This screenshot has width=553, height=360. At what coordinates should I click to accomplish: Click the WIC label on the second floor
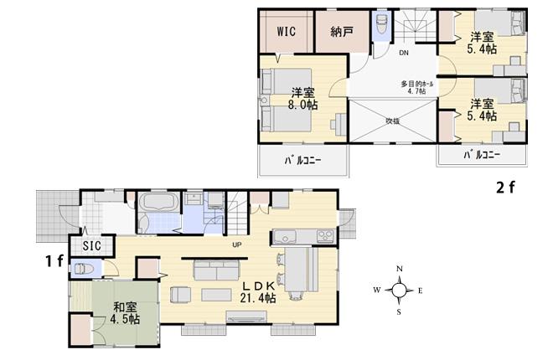click(287, 33)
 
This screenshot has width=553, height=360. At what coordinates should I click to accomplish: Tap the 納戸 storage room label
click(341, 33)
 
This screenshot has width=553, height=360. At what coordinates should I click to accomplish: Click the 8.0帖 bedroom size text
click(303, 105)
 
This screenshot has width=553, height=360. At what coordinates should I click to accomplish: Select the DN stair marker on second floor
click(402, 54)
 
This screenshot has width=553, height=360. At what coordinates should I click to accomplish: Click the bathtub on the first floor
click(156, 203)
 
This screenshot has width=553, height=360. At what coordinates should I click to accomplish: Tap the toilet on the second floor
click(380, 23)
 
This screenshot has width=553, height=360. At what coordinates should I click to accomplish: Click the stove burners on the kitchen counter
click(325, 233)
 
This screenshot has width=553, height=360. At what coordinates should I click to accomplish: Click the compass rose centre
click(400, 291)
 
